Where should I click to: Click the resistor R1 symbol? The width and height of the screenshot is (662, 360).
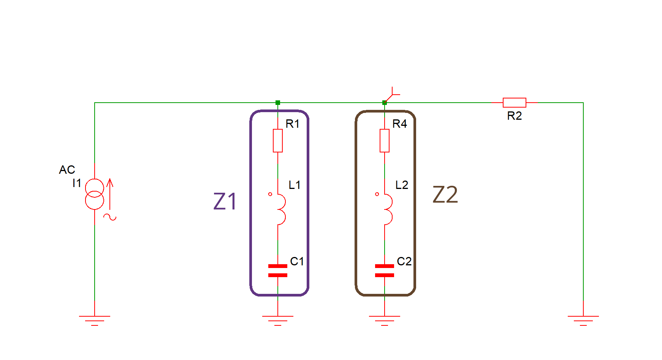[x=278, y=141]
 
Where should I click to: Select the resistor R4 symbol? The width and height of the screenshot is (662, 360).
[x=385, y=141]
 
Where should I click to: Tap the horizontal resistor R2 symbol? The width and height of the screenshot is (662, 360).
[x=514, y=103]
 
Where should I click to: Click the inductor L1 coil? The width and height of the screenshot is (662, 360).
[x=280, y=209]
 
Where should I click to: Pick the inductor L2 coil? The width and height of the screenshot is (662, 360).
[x=387, y=209]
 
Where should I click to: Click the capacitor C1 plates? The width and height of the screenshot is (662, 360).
[x=278, y=270]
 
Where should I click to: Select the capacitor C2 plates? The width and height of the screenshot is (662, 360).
[x=385, y=270]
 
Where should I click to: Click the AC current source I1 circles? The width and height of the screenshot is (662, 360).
[x=94, y=194]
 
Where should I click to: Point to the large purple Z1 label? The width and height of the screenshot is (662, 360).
[x=225, y=201]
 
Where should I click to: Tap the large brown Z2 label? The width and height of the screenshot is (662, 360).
[x=445, y=195]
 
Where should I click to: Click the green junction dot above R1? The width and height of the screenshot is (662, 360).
[x=278, y=103]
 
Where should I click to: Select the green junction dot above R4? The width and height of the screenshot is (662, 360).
[x=385, y=103]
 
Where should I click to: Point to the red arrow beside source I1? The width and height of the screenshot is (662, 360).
[x=110, y=194]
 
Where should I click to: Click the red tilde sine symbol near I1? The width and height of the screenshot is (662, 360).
[x=110, y=217]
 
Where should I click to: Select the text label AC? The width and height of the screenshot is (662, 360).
[x=67, y=170]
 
